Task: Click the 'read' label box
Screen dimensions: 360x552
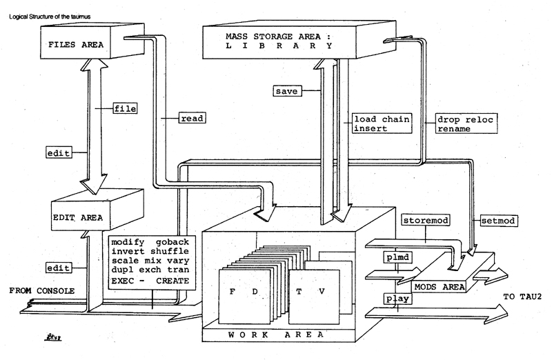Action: click(x=190, y=118)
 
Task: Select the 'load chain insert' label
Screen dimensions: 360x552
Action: click(x=382, y=123)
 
